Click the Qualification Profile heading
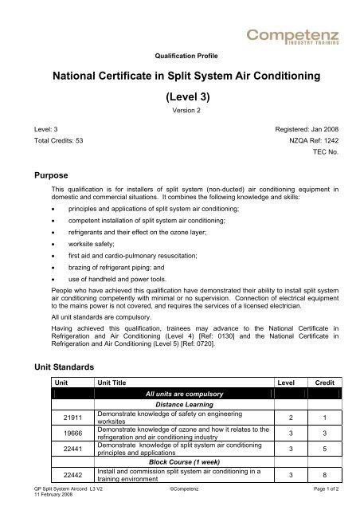coord(179,58)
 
